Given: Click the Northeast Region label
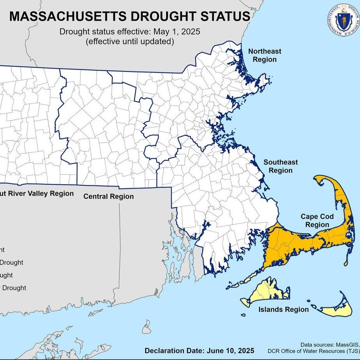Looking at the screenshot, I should point(264,55).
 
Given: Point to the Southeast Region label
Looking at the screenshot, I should point(280,166).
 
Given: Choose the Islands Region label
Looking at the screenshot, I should point(283,309).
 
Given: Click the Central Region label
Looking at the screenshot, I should point(108,196).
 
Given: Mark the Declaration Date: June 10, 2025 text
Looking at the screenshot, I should point(199,350).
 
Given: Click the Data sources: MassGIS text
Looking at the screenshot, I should point(330,344).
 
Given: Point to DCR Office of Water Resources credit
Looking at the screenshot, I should point(313,351).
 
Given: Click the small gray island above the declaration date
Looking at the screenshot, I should point(147,327).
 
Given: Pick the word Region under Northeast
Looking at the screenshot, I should point(264,59).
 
